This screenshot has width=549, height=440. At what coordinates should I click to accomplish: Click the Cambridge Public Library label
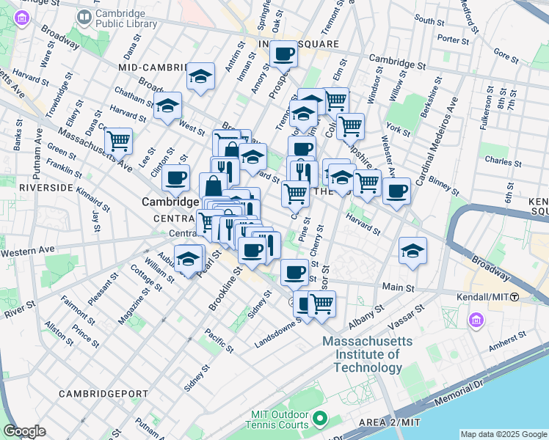(126, 18)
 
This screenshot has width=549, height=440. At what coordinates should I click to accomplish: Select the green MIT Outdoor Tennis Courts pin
(319, 419)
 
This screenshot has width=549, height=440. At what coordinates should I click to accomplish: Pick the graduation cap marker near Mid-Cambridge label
(200, 76)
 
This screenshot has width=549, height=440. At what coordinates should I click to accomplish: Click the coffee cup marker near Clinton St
(175, 177)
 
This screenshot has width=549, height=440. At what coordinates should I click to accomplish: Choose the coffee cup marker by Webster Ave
(396, 191)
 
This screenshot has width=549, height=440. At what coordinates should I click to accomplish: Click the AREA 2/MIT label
(390, 422)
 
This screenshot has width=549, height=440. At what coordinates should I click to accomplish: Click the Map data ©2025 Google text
(502, 434)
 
